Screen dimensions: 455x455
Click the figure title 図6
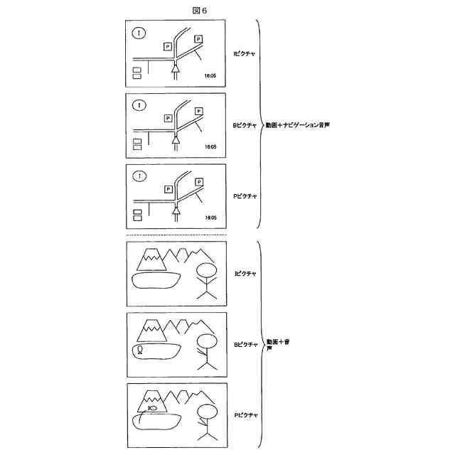click(x=199, y=9)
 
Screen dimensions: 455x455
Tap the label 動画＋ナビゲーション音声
click(x=298, y=124)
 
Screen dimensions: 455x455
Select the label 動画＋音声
click(x=278, y=344)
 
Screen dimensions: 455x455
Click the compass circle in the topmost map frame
click(x=139, y=32)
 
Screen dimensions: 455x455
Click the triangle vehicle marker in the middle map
click(x=174, y=139)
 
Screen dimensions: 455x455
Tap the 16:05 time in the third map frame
click(x=210, y=217)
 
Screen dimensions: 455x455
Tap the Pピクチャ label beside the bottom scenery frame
click(x=245, y=414)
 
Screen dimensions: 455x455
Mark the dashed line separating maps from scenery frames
click(x=176, y=235)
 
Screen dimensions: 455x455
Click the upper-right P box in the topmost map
click(x=198, y=39)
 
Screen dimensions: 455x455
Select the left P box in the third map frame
click(x=168, y=189)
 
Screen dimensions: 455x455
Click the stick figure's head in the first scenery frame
click(x=205, y=272)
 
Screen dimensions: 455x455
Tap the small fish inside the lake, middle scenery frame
click(x=141, y=350)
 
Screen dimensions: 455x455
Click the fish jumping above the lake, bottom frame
click(x=153, y=408)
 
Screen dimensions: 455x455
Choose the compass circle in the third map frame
click(x=139, y=175)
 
